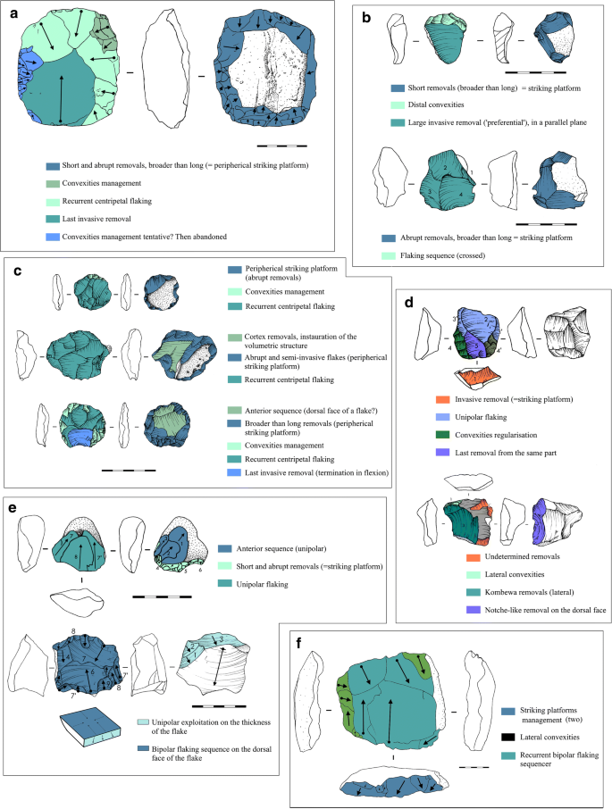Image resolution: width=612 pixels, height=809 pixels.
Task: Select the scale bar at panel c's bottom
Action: [x=133, y=467]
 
